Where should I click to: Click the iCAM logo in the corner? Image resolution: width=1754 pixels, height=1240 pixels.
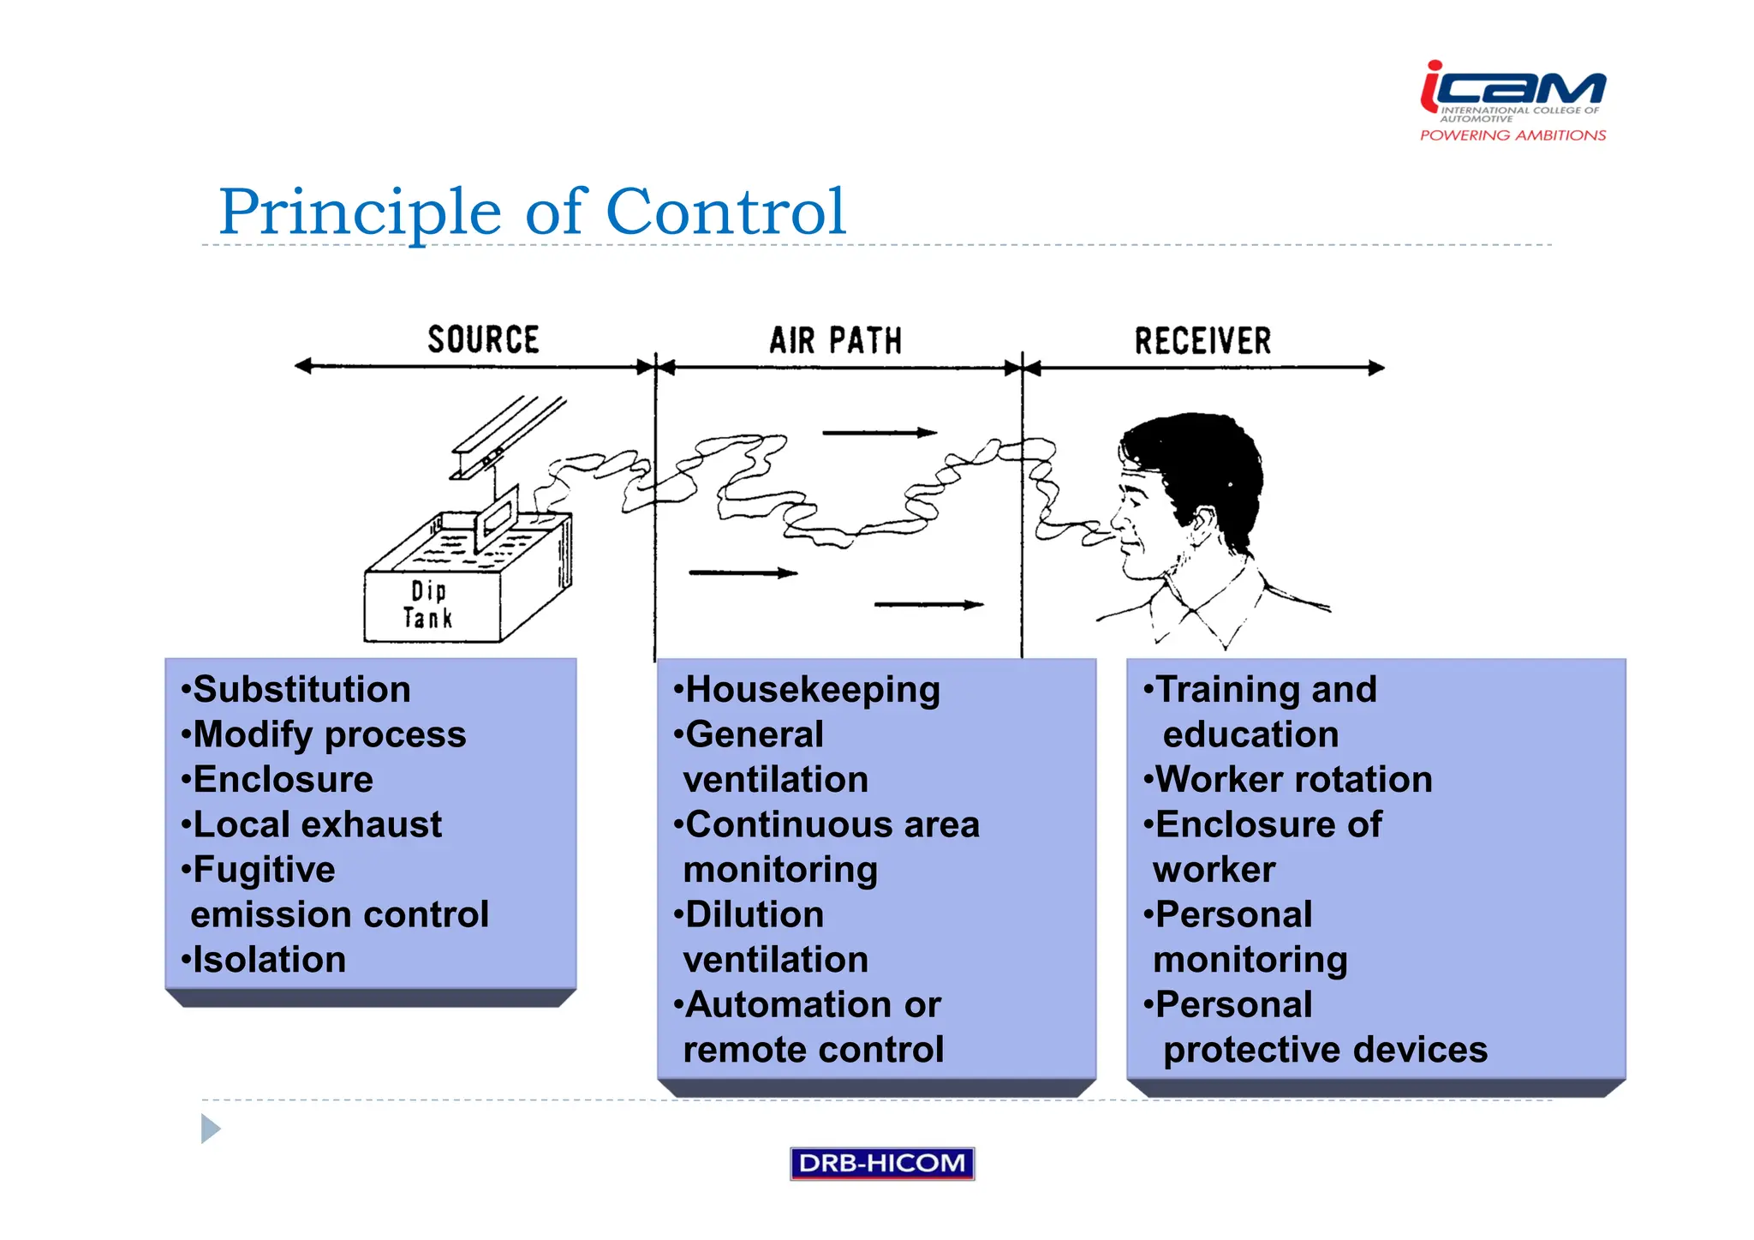click(x=1512, y=89)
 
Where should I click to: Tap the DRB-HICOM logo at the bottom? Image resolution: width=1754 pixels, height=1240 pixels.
click(x=881, y=1163)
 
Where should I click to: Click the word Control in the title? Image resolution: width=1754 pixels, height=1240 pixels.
click(x=725, y=212)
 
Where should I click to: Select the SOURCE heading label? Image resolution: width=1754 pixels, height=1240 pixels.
click(x=483, y=339)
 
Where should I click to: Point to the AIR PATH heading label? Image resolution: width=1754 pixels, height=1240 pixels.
click(x=835, y=340)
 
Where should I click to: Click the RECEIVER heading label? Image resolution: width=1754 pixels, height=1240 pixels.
click(x=1202, y=340)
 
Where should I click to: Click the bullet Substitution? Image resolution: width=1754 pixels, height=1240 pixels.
click(x=301, y=690)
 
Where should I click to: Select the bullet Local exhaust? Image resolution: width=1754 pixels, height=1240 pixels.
click(x=317, y=824)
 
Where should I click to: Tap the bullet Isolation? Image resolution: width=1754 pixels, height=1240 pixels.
click(x=269, y=960)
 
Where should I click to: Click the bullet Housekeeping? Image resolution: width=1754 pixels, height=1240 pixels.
click(x=812, y=690)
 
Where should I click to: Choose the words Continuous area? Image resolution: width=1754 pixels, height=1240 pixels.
click(x=832, y=824)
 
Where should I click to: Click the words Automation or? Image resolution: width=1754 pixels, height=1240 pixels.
click(x=813, y=1004)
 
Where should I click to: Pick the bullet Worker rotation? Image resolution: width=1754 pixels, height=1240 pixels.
click(x=1293, y=780)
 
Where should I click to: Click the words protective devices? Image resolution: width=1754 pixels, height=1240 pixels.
click(x=1324, y=1050)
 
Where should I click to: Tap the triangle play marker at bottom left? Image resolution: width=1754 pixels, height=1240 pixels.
click(x=210, y=1129)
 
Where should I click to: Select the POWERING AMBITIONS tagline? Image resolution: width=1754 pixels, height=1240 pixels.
click(x=1512, y=135)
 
